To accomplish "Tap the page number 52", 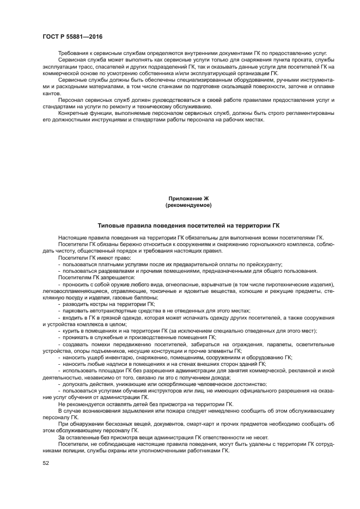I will point(46,463).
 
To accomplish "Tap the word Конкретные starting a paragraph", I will point(71,113).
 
